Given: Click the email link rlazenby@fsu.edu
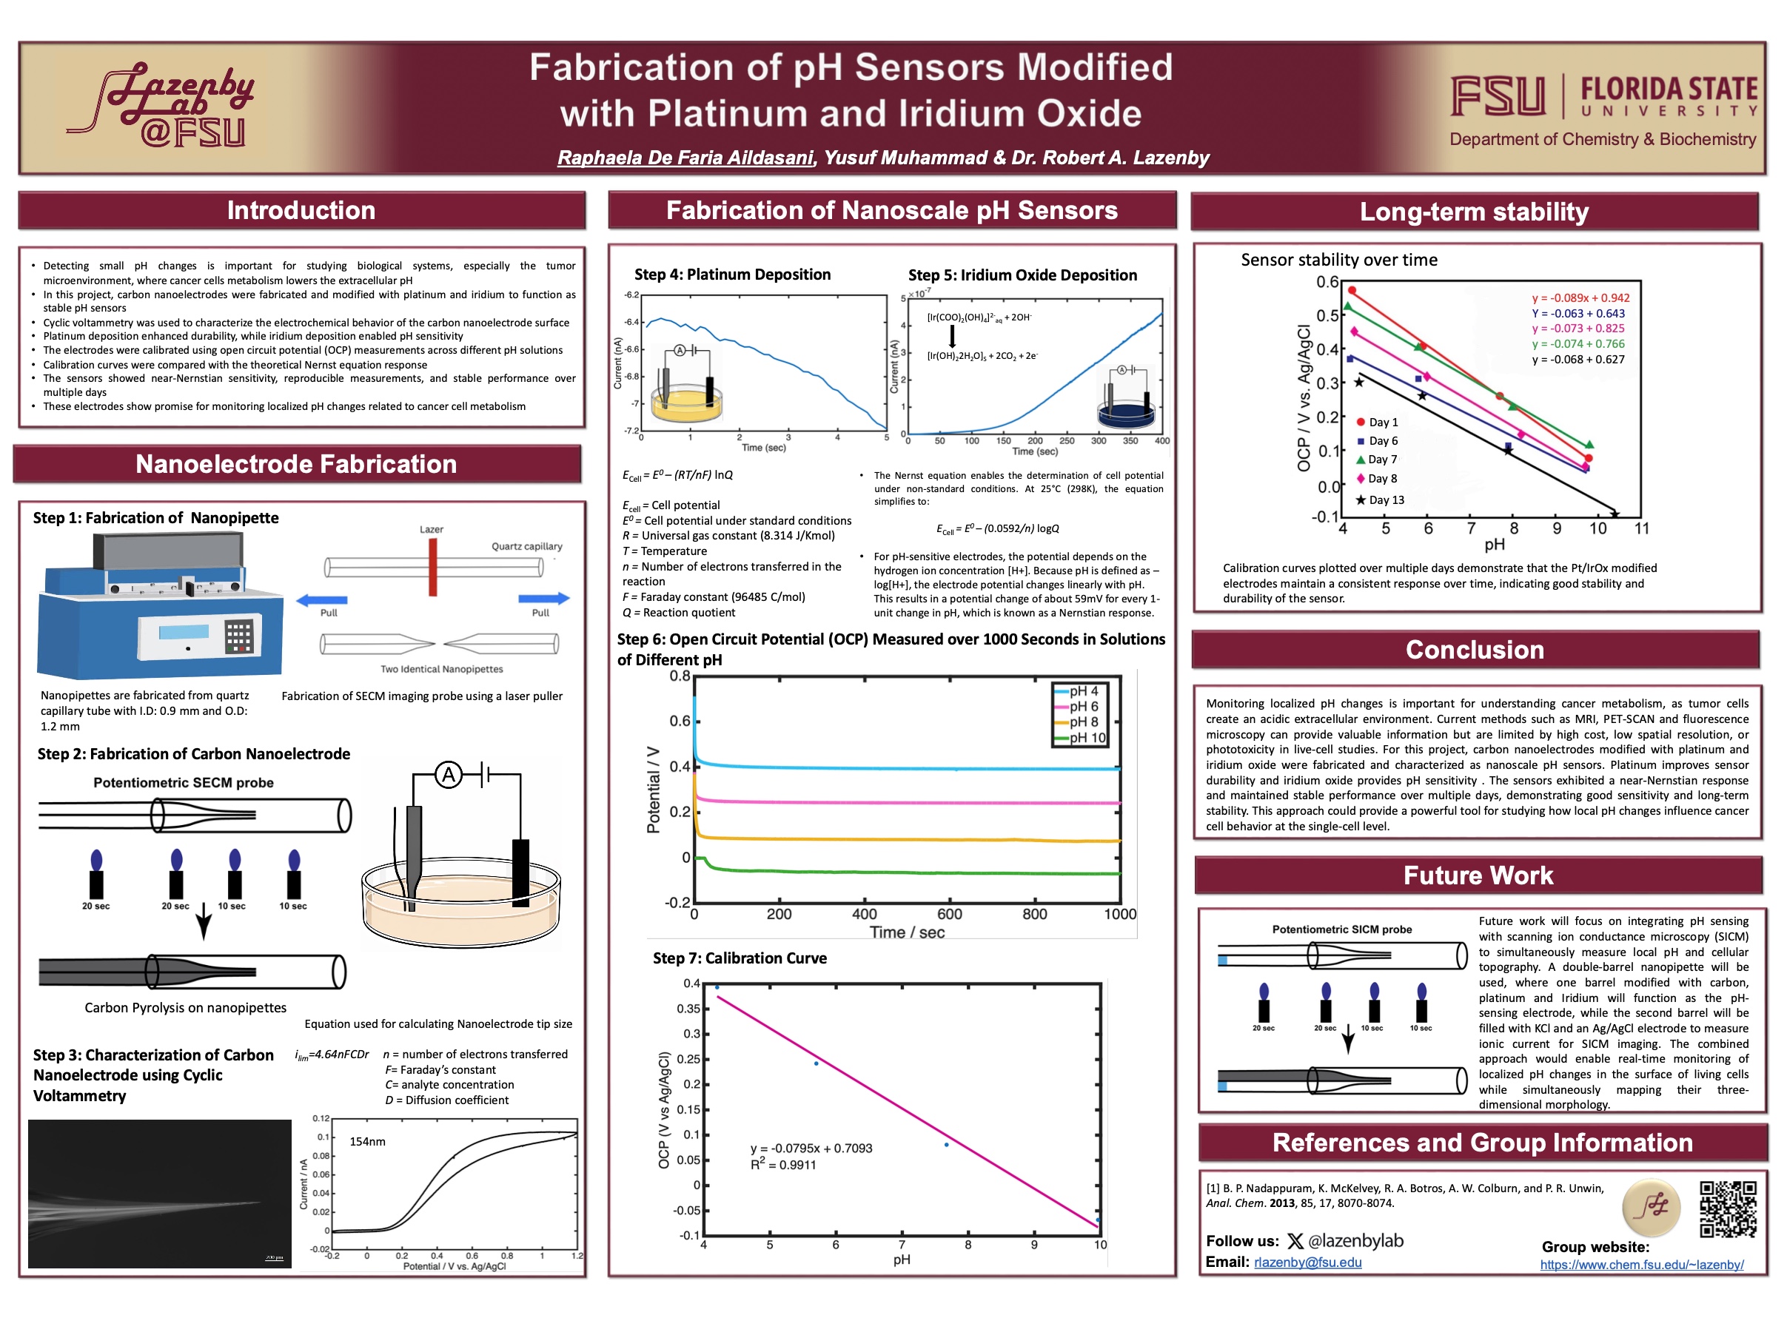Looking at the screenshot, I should pyautogui.click(x=1307, y=1262).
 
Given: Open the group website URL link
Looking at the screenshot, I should pyautogui.click(x=1642, y=1265).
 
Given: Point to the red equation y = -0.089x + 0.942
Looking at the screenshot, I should pyautogui.click(x=1581, y=298).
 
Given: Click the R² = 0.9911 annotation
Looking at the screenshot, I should pyautogui.click(x=782, y=1165).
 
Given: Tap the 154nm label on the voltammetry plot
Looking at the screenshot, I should pyautogui.click(x=368, y=1141).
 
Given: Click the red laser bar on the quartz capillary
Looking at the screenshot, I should pyautogui.click(x=433, y=567).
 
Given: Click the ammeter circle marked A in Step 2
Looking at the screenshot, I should pyautogui.click(x=449, y=776).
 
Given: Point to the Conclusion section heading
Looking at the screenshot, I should pyautogui.click(x=1475, y=649).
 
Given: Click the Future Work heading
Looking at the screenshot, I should pyautogui.click(x=1478, y=875).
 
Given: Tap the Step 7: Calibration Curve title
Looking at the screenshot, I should pyautogui.click(x=740, y=958).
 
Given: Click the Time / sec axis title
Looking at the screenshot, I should pyautogui.click(x=906, y=932).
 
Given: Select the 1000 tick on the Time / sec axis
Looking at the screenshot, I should pyautogui.click(x=1120, y=914).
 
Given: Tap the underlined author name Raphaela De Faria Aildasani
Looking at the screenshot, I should pyautogui.click(x=685, y=158).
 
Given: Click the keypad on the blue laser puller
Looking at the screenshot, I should pyautogui.click(x=238, y=636).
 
